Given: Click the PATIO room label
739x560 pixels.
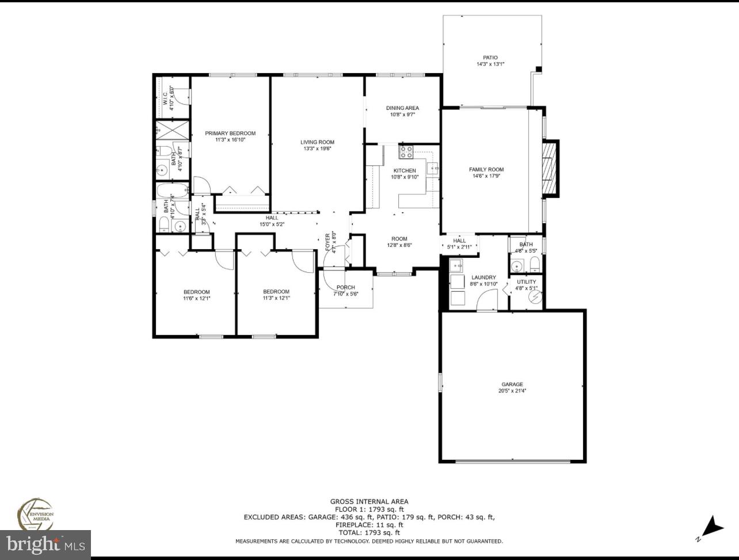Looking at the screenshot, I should [490, 58].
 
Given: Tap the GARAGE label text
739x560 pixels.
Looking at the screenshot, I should [512, 384].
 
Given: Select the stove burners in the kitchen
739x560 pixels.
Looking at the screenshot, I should [406, 152].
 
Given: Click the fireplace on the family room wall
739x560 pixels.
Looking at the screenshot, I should [551, 169].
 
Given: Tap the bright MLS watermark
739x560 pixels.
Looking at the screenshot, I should [45, 544].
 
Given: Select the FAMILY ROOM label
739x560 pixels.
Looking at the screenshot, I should [486, 170].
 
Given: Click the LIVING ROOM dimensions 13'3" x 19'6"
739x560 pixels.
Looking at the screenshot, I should [317, 149].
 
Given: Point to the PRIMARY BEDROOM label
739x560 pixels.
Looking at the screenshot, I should [230, 134].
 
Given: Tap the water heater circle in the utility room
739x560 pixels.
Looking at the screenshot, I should [536, 296].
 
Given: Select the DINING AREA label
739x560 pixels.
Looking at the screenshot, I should [402, 108].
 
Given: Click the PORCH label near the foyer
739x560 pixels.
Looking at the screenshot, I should [346, 288].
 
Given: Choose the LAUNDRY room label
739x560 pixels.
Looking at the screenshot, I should [483, 277].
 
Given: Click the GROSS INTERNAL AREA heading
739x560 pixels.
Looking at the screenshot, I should [369, 501].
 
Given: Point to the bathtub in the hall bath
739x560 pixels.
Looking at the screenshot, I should [173, 190].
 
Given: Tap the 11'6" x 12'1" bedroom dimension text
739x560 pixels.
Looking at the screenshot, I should [197, 299].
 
